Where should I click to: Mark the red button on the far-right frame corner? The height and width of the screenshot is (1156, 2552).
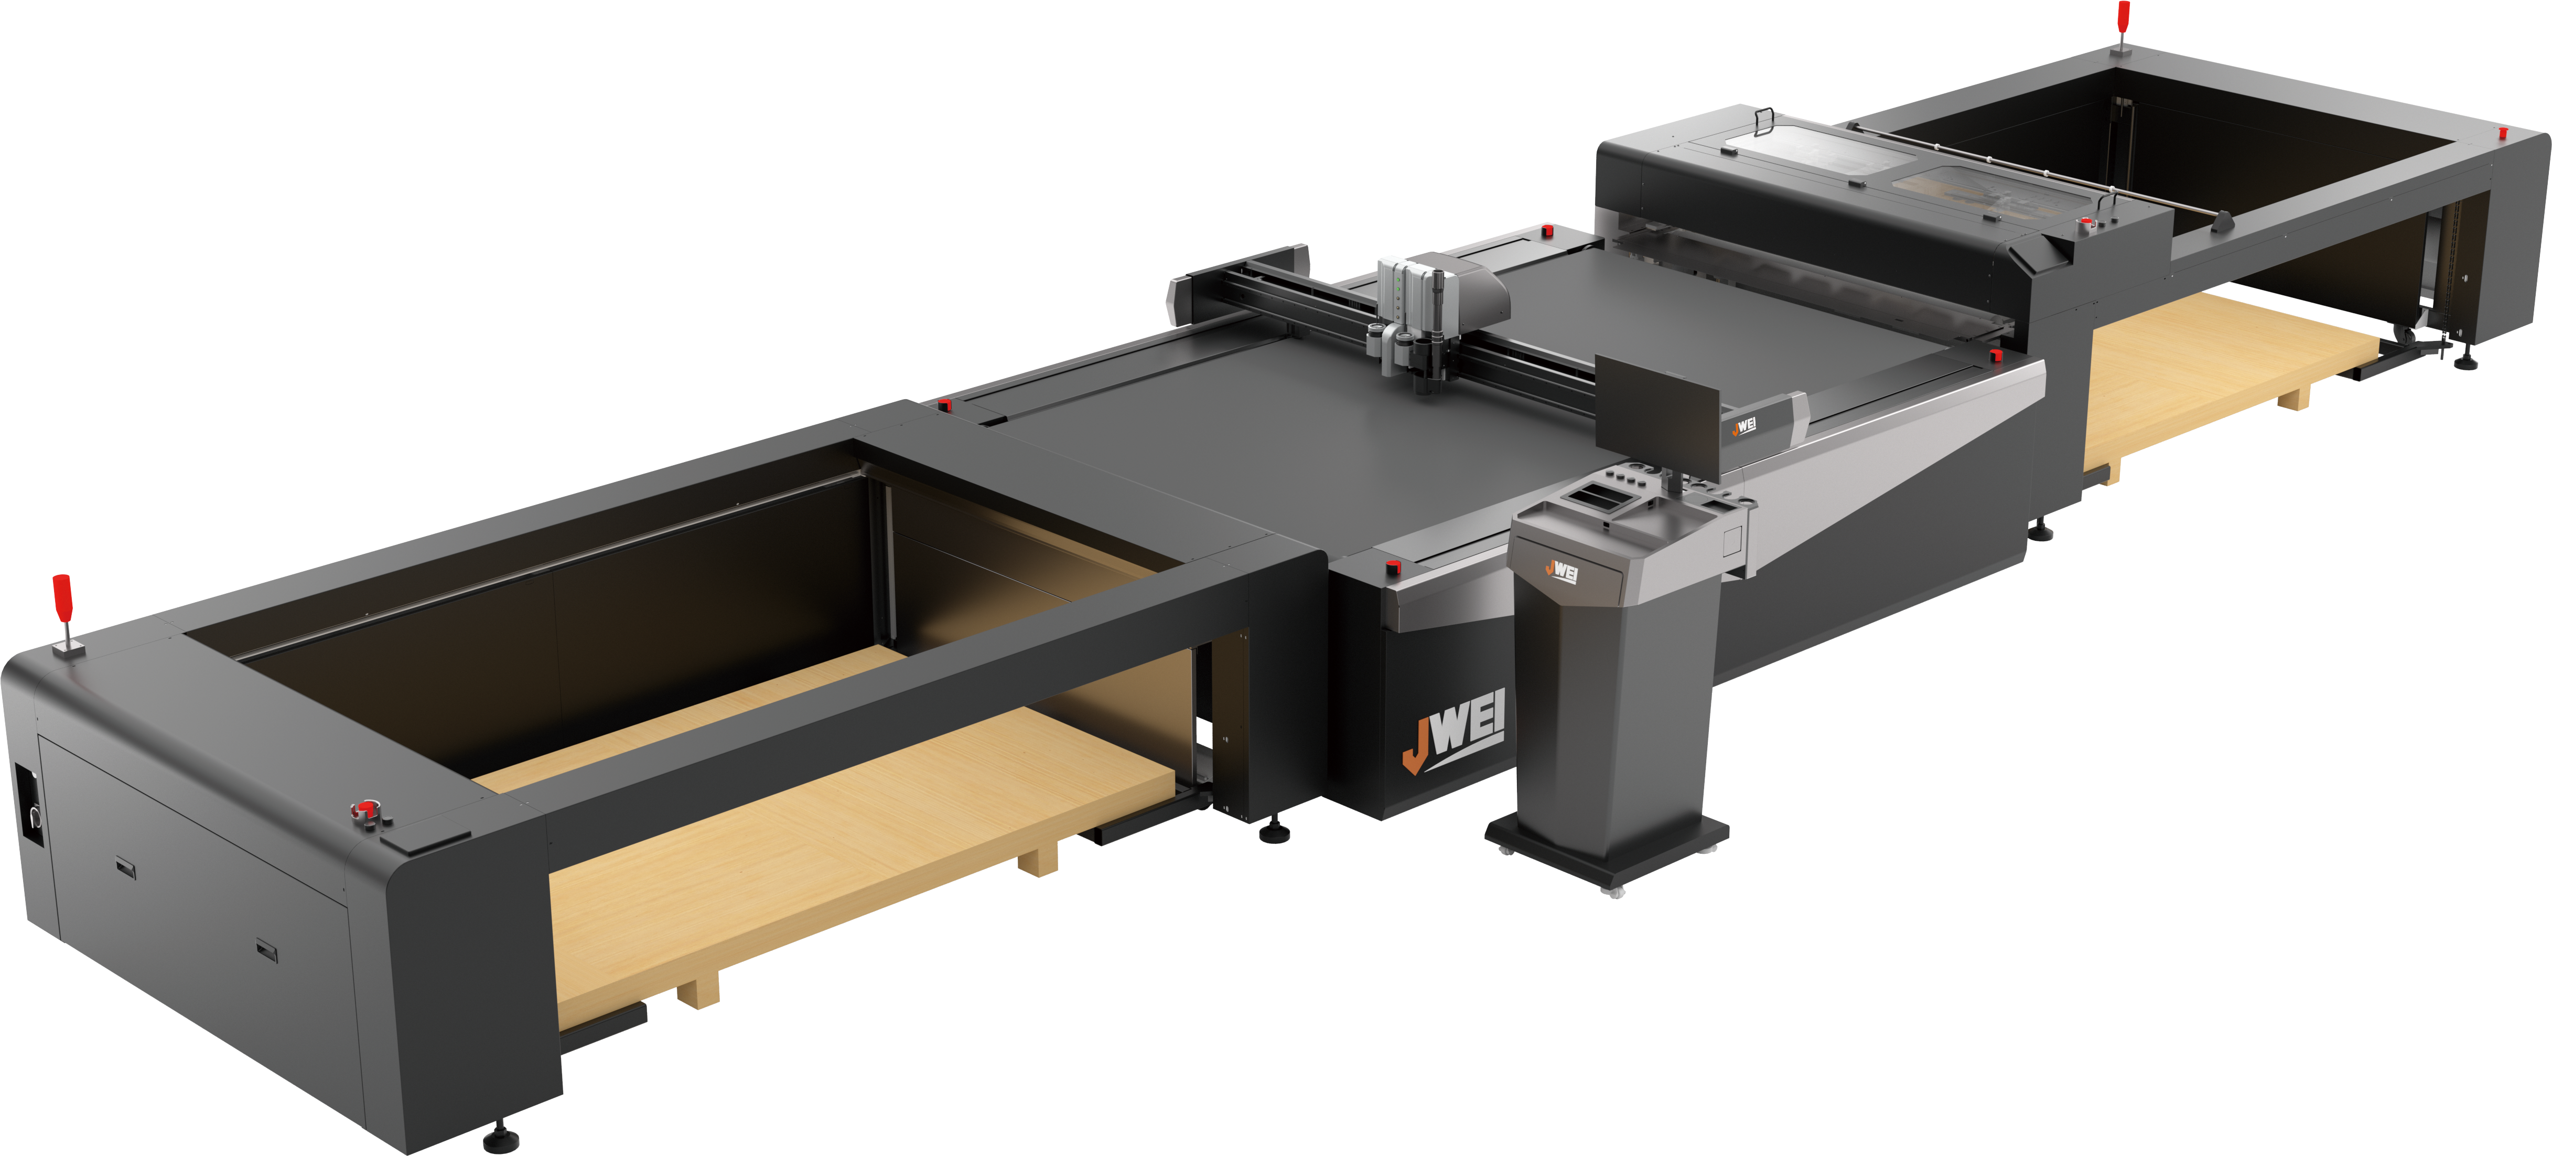click(x=2503, y=133)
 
